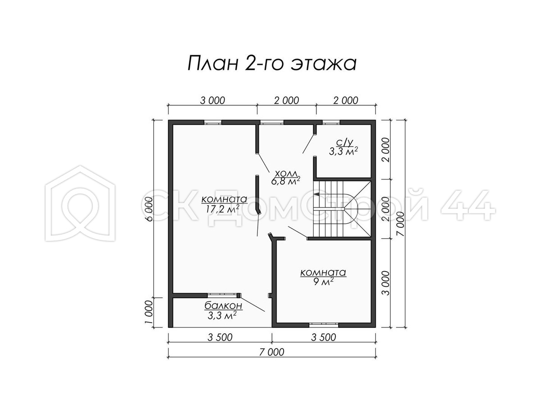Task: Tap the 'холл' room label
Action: tap(286, 174)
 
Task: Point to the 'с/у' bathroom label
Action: tap(344, 143)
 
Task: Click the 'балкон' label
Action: tap(223, 306)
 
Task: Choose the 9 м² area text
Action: tap(323, 281)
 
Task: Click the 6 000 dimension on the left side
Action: tap(150, 209)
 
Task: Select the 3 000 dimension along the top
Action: tap(212, 101)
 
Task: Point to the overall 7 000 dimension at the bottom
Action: tap(272, 352)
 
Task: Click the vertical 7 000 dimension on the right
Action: tap(401, 224)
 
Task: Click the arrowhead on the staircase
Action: tap(317, 194)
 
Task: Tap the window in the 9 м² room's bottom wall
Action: tap(324, 325)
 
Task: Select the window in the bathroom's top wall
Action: tap(331, 122)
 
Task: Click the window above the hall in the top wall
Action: tap(272, 122)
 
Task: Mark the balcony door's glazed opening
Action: tap(222, 295)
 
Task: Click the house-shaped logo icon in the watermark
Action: tap(80, 203)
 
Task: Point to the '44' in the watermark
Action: tap(468, 205)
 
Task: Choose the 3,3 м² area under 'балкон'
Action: tap(222, 315)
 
